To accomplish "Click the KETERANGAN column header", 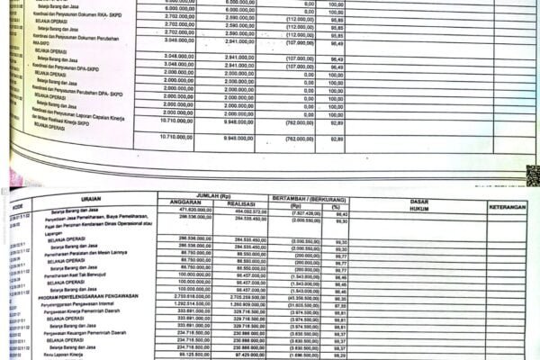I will click(507, 207).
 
